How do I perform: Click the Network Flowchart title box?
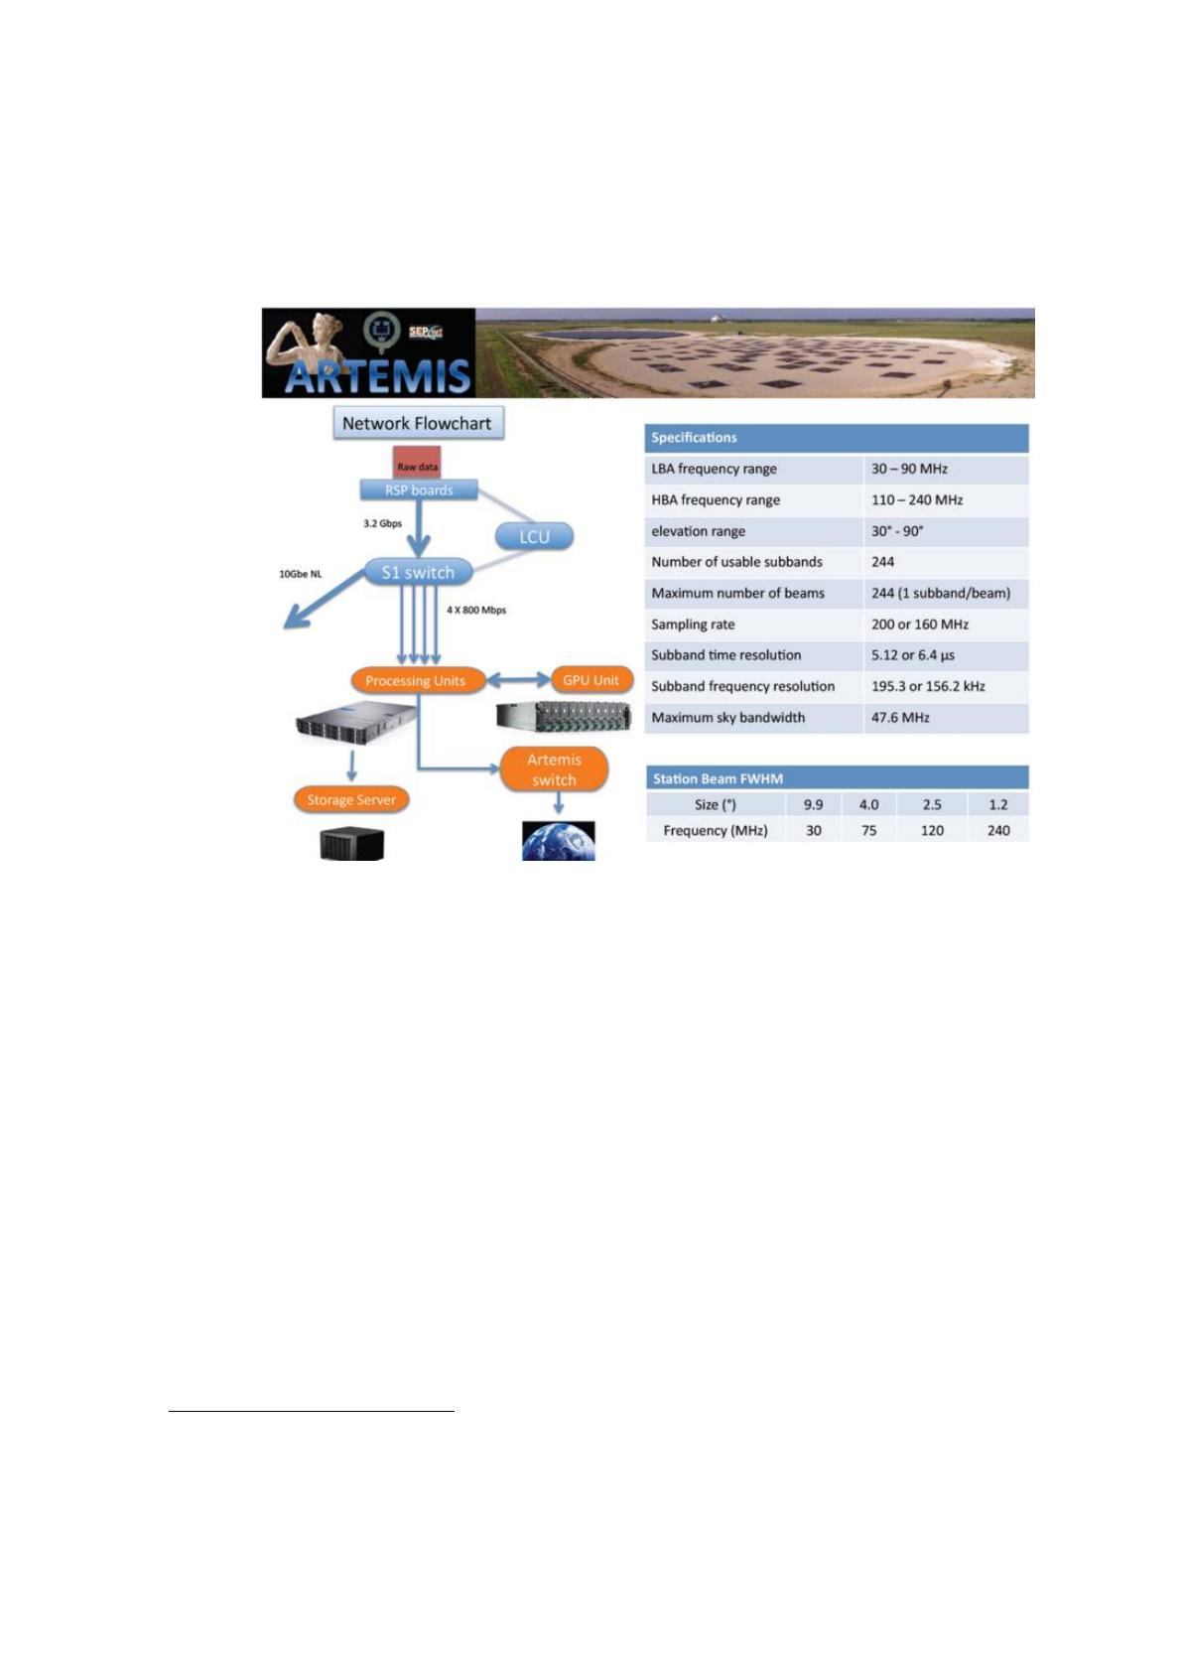[x=418, y=423]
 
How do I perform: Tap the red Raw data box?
[x=417, y=463]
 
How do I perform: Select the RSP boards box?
[x=419, y=489]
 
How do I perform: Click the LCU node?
[x=534, y=536]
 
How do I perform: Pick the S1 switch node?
[x=418, y=572]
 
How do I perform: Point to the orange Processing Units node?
[x=416, y=680]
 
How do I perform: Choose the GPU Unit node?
[x=591, y=680]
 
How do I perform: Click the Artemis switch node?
[x=554, y=768]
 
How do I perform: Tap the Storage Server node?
[x=351, y=799]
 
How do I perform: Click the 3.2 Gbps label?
[x=383, y=523]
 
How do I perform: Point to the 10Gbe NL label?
[x=300, y=574]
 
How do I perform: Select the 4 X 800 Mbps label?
[x=476, y=610]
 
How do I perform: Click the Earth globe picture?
[x=558, y=841]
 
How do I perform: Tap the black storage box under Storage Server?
[x=351, y=844]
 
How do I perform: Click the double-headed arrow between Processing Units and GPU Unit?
[x=519, y=680]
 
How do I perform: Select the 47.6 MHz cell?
[x=900, y=717]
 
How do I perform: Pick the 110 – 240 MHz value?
[x=916, y=500]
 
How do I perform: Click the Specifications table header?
[x=837, y=438]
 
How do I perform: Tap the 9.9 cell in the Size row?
[x=813, y=804]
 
